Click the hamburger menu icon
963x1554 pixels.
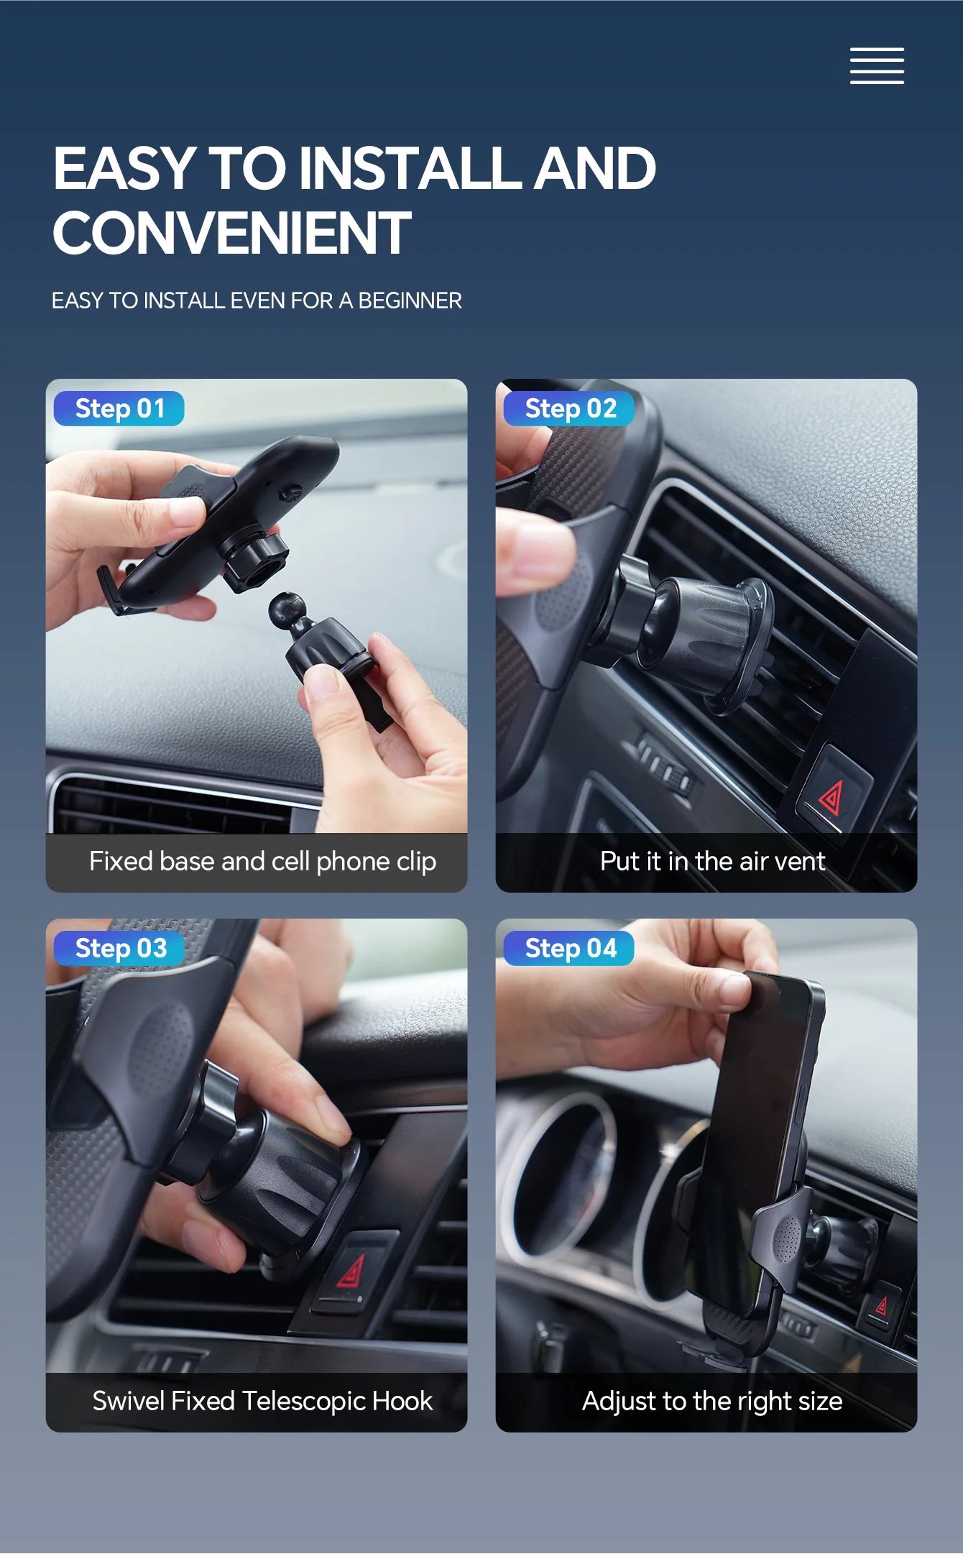(877, 66)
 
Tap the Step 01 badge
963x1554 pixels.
(119, 409)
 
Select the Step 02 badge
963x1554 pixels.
(569, 409)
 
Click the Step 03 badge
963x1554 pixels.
(119, 949)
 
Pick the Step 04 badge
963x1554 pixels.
(569, 949)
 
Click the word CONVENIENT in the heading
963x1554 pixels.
(232, 233)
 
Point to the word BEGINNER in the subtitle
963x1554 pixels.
(410, 300)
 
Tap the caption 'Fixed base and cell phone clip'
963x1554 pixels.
(262, 861)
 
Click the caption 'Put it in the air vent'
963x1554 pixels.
(713, 861)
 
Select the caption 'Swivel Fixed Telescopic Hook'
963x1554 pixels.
(262, 1401)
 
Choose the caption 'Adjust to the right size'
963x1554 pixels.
(712, 1402)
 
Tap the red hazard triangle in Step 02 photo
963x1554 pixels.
(831, 798)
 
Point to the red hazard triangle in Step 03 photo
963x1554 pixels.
(352, 1272)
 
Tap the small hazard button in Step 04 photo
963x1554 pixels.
(881, 1305)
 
